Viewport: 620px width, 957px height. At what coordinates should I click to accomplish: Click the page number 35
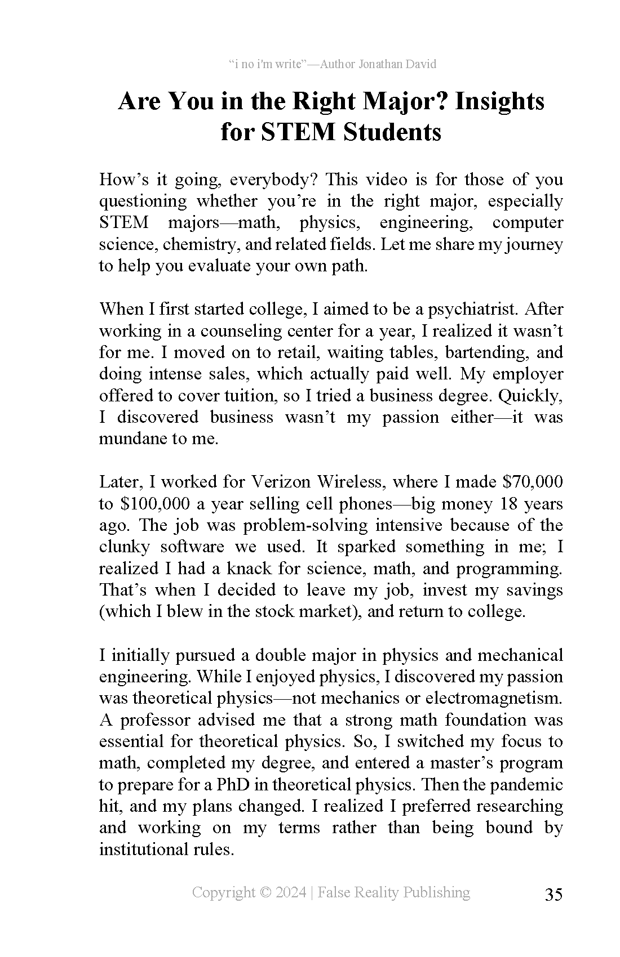[553, 895]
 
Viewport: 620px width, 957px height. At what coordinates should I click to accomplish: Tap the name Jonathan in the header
[380, 64]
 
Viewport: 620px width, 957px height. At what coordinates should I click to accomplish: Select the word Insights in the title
[499, 101]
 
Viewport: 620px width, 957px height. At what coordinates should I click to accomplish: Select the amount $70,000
[532, 482]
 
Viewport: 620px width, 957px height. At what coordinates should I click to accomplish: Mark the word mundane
[134, 439]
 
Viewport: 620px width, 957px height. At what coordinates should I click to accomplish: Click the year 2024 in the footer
[291, 892]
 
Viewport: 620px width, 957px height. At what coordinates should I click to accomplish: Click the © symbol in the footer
[265, 892]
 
